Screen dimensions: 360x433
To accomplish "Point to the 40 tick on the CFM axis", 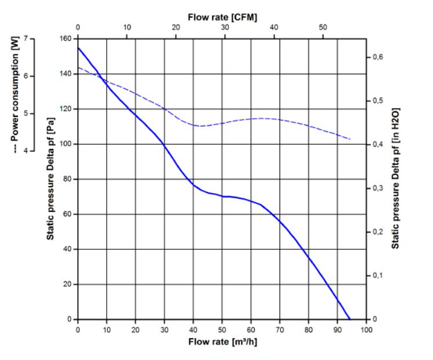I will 274,27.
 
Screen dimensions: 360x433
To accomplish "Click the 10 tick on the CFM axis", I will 127,27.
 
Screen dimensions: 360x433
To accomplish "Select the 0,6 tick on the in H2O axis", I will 377,57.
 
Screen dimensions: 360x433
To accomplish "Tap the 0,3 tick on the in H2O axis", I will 377,188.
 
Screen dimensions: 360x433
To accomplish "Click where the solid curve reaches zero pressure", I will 350,319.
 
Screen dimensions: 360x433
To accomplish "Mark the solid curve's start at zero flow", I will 78,48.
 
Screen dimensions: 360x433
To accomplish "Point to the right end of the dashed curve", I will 351,139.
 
